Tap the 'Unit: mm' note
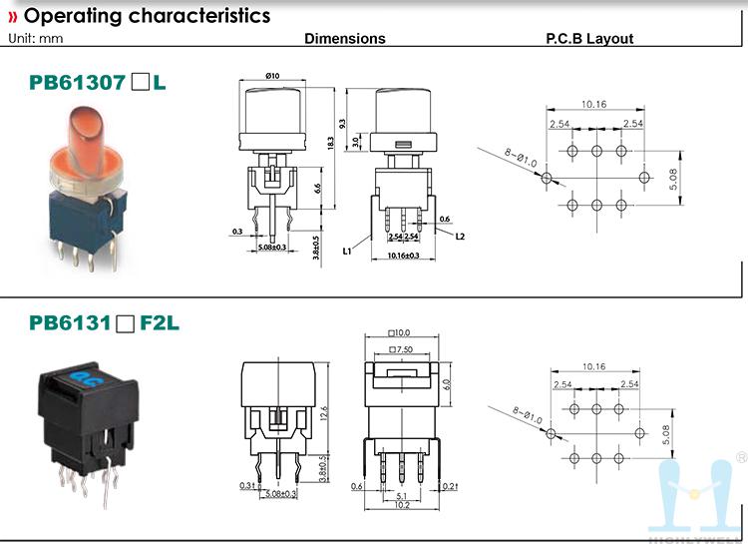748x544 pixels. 36,38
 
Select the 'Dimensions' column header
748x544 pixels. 344,39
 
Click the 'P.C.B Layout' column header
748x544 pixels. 589,39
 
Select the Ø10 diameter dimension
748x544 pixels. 272,78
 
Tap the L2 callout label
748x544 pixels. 461,238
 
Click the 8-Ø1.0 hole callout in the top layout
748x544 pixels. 521,158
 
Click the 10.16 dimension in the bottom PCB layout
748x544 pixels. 594,367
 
